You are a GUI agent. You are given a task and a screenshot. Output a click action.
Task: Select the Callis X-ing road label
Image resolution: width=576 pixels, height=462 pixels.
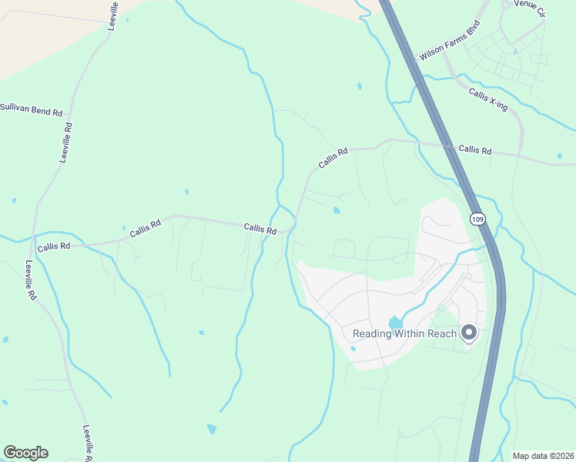[487, 99]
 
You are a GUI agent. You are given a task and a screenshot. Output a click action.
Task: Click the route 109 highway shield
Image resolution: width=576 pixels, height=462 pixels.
[477, 219]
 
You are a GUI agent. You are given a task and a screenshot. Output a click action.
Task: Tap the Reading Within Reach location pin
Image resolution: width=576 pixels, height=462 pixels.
[468, 333]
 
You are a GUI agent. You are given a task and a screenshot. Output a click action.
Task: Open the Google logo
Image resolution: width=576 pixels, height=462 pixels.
[25, 453]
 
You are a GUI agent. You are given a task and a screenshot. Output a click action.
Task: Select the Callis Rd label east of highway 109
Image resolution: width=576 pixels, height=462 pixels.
[474, 150]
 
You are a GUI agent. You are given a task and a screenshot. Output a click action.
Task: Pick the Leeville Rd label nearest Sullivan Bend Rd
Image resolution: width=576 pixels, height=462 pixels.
[67, 142]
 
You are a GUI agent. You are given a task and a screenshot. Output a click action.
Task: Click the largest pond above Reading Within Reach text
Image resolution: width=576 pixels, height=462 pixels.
[395, 323]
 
